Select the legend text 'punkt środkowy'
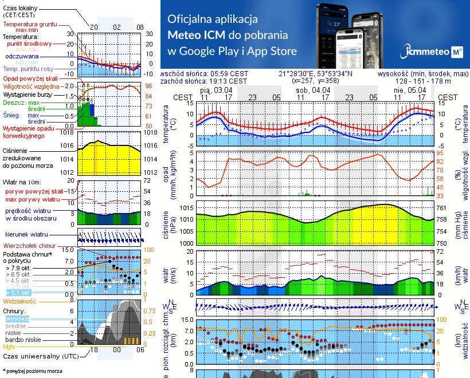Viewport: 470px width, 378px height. (x=28, y=44)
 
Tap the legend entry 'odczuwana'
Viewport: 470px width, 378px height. (x=22, y=57)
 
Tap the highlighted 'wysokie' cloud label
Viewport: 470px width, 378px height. (x=17, y=319)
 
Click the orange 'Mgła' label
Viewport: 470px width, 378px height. (x=9, y=346)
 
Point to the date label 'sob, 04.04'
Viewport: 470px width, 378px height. (x=313, y=90)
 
